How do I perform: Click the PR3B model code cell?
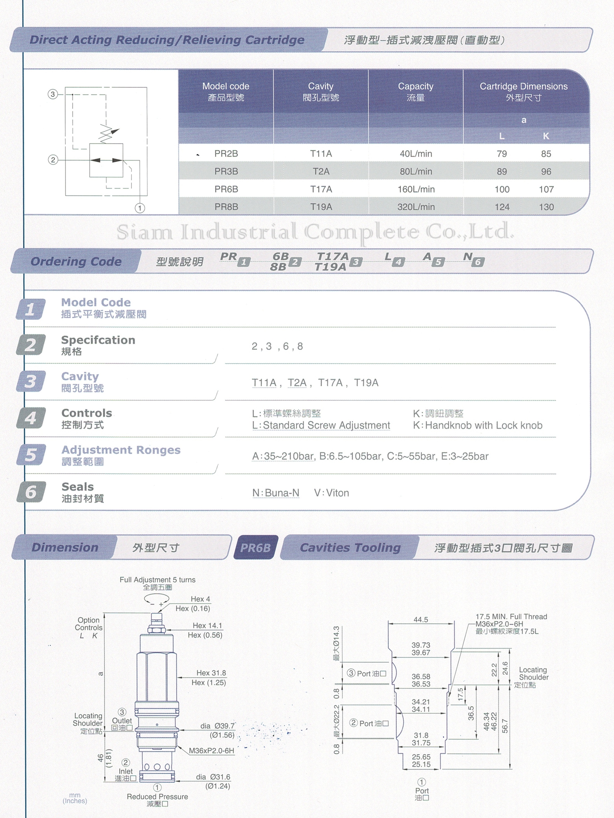tap(226, 171)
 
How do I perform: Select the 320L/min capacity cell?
tap(416, 207)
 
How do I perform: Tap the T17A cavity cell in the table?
tap(321, 189)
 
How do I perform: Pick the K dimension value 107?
tap(546, 189)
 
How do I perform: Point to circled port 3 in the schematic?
tap(53, 94)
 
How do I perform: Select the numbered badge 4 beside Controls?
tap(31, 418)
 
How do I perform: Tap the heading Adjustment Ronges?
tap(121, 450)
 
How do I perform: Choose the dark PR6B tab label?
tap(255, 548)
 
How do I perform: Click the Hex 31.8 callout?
tap(211, 673)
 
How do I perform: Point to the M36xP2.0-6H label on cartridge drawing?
tap(211, 751)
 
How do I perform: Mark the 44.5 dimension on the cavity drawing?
tap(421, 619)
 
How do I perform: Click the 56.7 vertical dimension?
tap(505, 726)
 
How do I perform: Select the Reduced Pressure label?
tap(157, 797)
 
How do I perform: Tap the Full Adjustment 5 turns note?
tap(157, 580)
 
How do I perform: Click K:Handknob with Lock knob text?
tap(477, 425)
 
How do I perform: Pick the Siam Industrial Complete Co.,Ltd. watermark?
tap(315, 232)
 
